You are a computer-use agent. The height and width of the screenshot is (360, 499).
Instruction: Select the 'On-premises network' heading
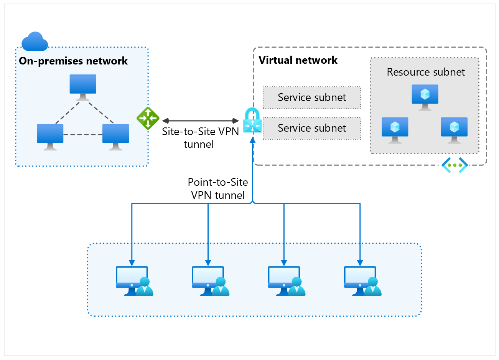point(73,61)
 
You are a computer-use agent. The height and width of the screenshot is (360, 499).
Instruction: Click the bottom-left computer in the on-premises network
point(50,137)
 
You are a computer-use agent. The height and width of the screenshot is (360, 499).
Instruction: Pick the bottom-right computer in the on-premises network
point(115,137)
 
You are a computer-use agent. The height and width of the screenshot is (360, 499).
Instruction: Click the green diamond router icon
point(148,118)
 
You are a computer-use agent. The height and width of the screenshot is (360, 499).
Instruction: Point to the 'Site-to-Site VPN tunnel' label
point(200,137)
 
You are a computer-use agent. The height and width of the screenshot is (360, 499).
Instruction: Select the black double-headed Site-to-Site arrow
point(200,121)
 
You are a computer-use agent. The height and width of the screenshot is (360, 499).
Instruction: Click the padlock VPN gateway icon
point(252,121)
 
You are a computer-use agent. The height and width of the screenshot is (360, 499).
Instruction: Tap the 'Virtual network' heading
point(298,60)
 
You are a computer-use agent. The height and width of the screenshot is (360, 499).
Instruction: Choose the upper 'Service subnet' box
point(312,97)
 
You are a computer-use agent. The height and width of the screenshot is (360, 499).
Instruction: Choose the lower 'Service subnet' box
point(312,128)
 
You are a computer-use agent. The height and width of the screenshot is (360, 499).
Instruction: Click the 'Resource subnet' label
point(425,72)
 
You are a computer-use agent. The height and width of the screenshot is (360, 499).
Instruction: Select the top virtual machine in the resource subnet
point(425,97)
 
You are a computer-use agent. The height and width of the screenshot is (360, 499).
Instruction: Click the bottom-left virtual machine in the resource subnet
point(395,130)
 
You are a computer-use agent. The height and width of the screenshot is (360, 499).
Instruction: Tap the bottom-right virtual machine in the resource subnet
point(454,130)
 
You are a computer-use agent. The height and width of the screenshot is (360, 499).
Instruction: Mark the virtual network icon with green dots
point(455,165)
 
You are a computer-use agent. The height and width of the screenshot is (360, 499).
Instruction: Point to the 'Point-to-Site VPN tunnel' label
point(218,188)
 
